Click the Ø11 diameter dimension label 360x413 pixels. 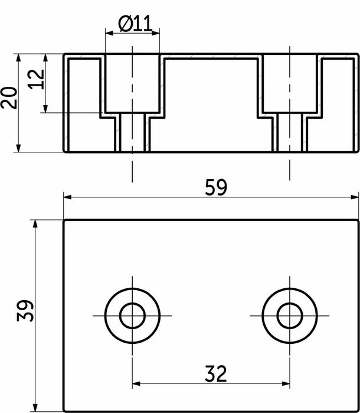point(135,24)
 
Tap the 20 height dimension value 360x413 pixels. point(9,97)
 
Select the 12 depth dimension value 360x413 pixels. point(37,79)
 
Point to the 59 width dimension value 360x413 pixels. point(215,187)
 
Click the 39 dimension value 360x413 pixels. point(25,311)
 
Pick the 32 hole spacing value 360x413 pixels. point(215,373)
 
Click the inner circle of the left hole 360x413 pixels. point(132,316)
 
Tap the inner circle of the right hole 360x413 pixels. point(290,316)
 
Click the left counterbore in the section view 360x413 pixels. point(132,83)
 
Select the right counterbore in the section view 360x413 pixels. point(290,83)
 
